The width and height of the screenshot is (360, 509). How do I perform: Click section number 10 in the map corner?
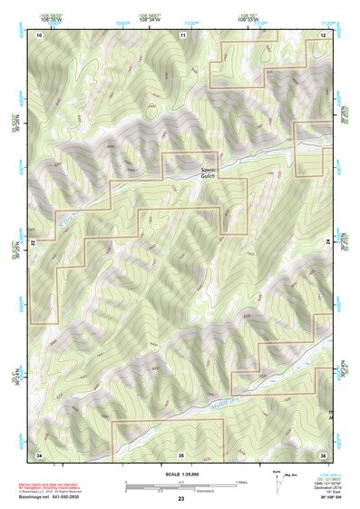click(40, 34)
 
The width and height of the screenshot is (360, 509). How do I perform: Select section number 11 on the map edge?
click(182, 34)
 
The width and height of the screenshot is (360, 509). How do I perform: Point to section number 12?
click(323, 34)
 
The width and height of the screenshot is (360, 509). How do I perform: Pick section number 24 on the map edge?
click(328, 243)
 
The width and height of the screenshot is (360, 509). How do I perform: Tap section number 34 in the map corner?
click(40, 453)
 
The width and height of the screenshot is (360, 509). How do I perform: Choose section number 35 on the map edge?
click(181, 453)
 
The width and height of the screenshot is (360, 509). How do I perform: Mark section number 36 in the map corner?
click(323, 453)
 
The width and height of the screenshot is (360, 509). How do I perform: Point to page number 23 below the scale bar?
click(181, 499)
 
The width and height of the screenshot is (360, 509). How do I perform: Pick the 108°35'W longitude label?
click(52, 19)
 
